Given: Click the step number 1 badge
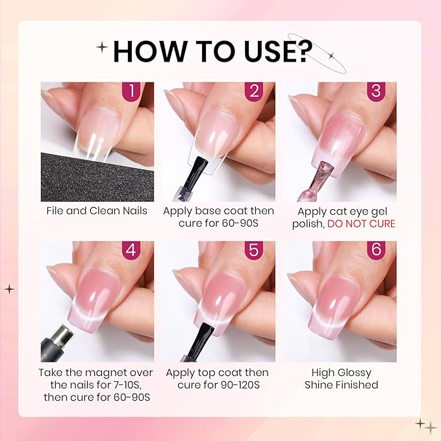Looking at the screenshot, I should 132,92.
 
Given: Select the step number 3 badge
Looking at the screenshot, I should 375,92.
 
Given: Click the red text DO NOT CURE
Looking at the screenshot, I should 360,223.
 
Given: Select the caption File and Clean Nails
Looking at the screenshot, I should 97,211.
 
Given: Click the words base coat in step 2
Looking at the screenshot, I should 218,211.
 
